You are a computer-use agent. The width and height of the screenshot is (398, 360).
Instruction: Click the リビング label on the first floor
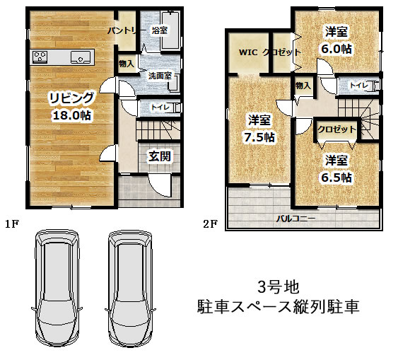coord(71,98)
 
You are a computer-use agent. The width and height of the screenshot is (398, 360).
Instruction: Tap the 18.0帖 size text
coord(72,116)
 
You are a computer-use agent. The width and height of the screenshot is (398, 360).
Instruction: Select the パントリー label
coord(124,31)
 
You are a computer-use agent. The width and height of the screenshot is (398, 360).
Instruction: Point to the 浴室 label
coord(159,30)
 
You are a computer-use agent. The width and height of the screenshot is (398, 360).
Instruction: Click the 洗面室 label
coord(160,76)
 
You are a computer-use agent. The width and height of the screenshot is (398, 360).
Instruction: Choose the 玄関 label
coord(159,156)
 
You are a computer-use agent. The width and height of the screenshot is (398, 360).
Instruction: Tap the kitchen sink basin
coord(81,57)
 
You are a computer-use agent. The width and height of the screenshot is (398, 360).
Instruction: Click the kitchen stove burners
coord(40,57)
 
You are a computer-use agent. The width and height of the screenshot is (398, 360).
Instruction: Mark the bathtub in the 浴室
coord(170,30)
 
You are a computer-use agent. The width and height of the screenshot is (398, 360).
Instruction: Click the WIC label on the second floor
coord(248,52)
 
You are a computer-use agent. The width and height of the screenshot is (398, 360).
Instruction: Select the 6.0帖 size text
coord(336,49)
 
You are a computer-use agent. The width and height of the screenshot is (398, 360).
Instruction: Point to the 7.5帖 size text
coord(259,137)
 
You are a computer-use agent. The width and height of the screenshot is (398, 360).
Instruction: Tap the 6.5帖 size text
coord(336,178)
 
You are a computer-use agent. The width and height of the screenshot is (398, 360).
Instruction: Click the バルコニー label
coord(295,219)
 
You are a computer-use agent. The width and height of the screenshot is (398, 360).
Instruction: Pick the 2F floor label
coord(210,224)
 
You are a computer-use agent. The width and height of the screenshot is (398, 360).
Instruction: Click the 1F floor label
coord(12,224)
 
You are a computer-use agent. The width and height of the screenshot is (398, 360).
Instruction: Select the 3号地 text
coord(279,287)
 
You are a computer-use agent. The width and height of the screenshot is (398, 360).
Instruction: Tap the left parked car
coord(57,288)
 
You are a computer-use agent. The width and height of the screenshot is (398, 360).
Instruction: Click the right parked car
coord(131,288)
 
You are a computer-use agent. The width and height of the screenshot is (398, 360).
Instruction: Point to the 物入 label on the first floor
coord(127,64)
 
